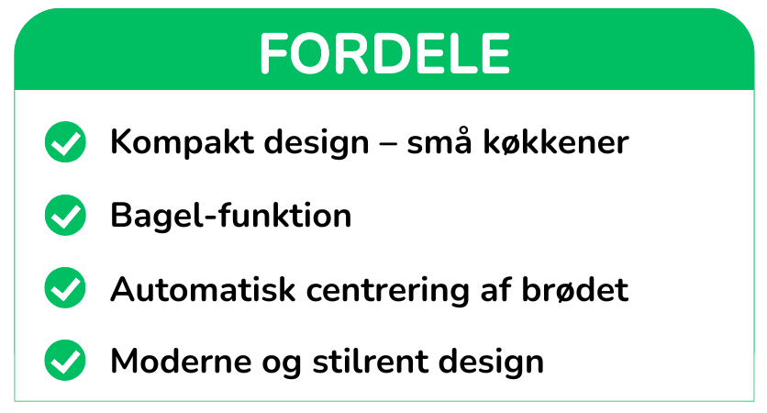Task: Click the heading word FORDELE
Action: pos(385,53)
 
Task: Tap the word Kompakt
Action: pos(182,142)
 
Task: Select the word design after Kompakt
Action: pos(317,142)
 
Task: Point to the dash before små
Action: pos(388,144)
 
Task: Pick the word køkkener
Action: pos(556,142)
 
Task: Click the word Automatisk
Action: pos(203,289)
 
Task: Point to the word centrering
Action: pos(387,290)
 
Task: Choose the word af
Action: pos(496,288)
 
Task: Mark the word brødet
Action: pos(575,288)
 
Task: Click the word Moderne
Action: pos(182,361)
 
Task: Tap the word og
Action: pos(282,364)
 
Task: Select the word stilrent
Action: pos(370,361)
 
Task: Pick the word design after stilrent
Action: pos(491,363)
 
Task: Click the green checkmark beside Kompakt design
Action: pos(65,142)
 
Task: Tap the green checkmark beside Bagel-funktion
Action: pos(65,216)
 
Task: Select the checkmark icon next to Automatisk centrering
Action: pos(65,288)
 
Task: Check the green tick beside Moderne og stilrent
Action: pos(65,360)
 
